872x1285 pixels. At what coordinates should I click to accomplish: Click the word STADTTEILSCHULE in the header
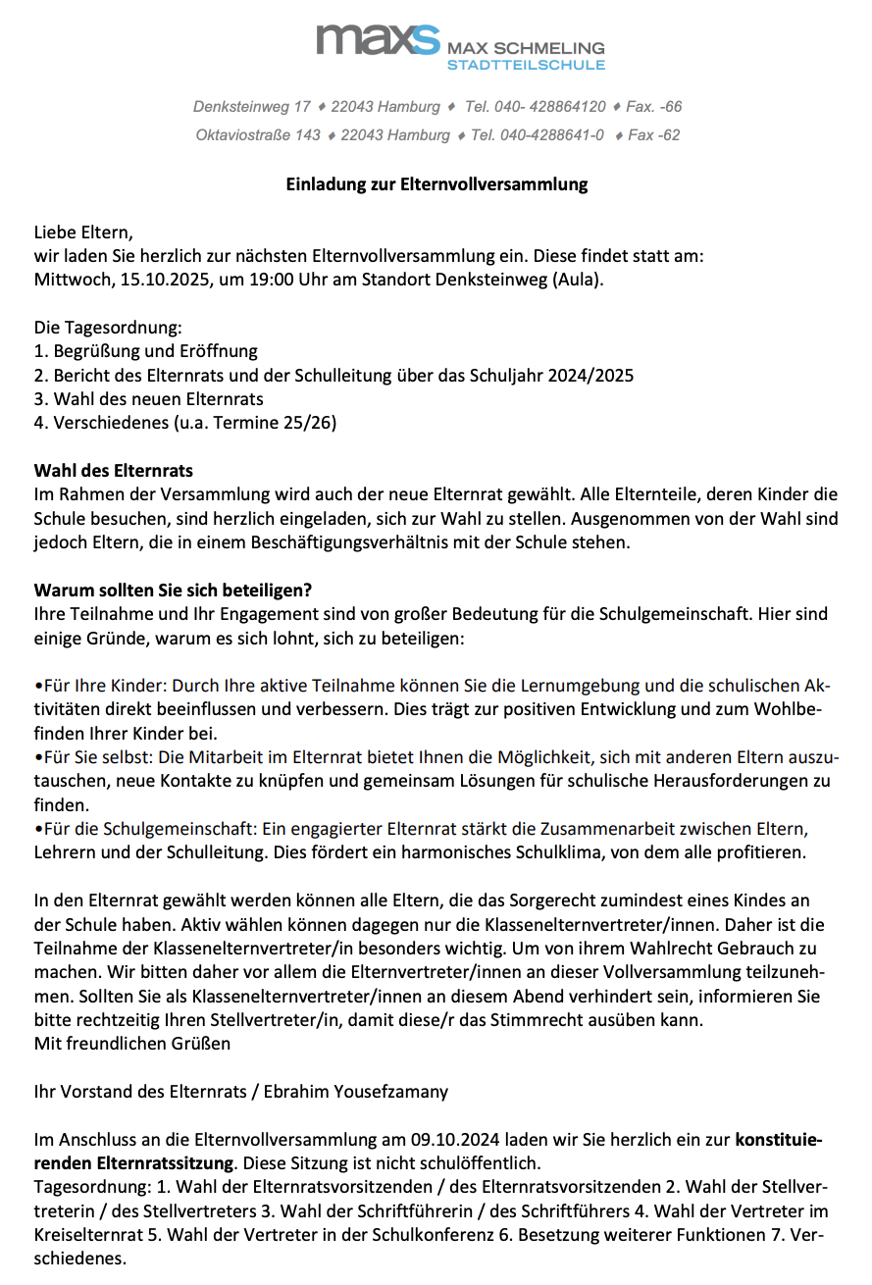pos(526,65)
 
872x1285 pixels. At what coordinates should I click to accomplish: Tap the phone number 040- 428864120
pos(536,106)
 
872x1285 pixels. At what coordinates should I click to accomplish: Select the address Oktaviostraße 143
pos(258,134)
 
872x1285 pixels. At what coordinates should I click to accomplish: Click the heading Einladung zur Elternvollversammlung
pos(436,183)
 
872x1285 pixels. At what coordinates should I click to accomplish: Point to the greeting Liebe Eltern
pos(82,233)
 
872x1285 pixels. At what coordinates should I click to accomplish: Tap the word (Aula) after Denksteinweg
pos(578,279)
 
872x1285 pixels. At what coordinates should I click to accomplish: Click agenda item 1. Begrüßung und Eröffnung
pos(145,351)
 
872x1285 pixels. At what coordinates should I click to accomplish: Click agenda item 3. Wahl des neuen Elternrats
pos(148,398)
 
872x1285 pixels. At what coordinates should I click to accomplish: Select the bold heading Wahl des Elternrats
pos(114,471)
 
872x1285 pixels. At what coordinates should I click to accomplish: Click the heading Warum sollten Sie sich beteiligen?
pos(173,591)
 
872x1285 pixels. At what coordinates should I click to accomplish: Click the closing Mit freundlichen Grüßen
pos(132,1044)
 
